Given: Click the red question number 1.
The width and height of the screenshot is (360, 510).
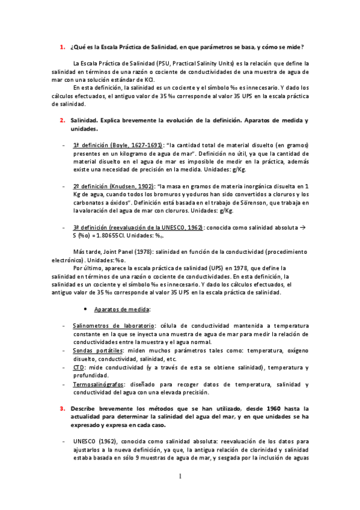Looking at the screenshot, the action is click(62, 47).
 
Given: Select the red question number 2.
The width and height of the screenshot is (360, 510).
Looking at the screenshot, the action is click(62, 121).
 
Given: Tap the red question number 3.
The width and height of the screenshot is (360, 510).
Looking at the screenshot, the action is click(62, 408).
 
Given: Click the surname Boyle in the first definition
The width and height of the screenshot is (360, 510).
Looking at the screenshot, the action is click(119, 146).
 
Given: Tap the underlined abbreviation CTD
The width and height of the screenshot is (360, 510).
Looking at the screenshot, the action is click(78, 367).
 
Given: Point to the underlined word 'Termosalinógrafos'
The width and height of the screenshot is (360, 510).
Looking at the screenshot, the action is click(99, 384).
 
